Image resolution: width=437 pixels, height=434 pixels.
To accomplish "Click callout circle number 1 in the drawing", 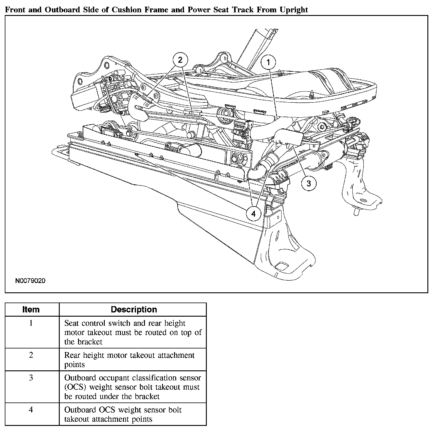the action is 268,62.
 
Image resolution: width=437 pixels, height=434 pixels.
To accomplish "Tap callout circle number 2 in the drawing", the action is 180,60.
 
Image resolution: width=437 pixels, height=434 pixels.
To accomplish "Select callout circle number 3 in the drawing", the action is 309,183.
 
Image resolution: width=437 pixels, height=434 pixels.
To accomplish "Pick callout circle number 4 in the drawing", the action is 254,214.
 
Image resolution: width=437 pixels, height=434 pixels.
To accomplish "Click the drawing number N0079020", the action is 30,281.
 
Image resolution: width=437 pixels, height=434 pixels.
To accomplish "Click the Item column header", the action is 31,309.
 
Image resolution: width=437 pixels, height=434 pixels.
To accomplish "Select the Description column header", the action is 134,309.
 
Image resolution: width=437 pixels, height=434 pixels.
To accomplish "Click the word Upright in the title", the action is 294,10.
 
